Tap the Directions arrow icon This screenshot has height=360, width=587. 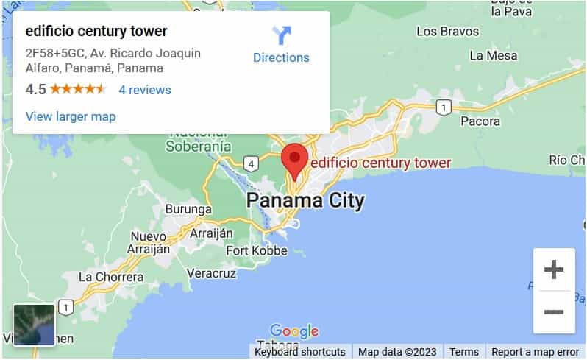[x=281, y=35]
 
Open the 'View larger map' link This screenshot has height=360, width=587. [x=71, y=116]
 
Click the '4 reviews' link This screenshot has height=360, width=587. [x=145, y=90]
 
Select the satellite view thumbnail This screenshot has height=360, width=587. [x=34, y=325]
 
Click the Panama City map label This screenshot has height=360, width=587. [x=305, y=200]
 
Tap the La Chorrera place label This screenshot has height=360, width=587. [x=111, y=277]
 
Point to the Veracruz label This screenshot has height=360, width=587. [x=212, y=273]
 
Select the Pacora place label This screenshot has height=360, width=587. [x=480, y=121]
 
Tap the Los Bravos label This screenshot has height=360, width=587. [x=448, y=31]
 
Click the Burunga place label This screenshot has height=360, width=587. [x=188, y=209]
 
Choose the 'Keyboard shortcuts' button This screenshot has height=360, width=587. [x=300, y=352]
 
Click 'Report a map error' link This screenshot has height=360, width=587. [x=535, y=352]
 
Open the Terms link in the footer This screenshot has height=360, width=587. [x=463, y=352]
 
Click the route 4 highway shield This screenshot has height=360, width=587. [x=252, y=164]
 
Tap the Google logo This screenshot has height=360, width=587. [x=294, y=331]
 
